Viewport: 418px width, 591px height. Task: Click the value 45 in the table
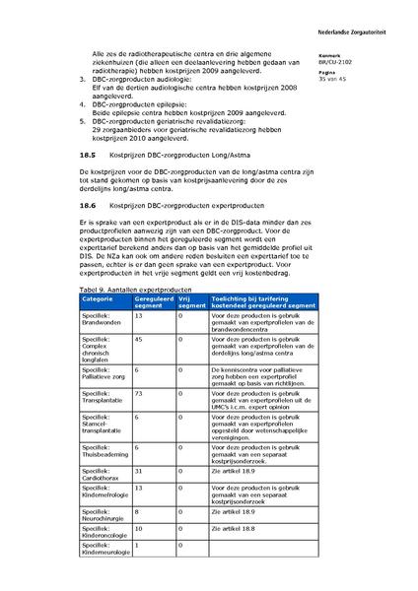[x=139, y=339]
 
